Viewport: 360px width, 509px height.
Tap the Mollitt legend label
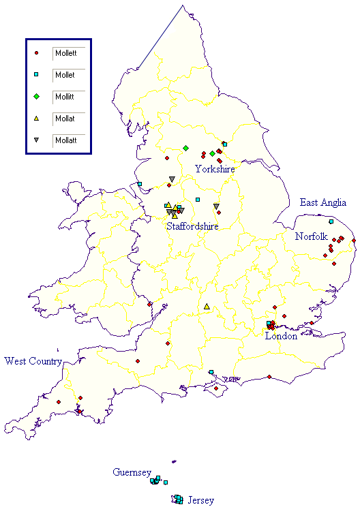(x=65, y=97)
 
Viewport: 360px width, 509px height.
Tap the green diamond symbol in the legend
(x=36, y=97)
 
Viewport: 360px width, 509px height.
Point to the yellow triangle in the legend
(x=36, y=119)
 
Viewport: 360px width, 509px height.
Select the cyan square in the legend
(x=36, y=74)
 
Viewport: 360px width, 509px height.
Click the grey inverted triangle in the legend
(x=36, y=140)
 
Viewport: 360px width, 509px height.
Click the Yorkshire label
(x=215, y=168)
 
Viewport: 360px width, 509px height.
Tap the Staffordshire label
(x=193, y=226)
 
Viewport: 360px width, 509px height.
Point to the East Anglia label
(x=323, y=202)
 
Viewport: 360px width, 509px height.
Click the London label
(x=281, y=336)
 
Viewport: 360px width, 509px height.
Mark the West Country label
(x=33, y=360)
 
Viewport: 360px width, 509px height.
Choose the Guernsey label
(x=132, y=472)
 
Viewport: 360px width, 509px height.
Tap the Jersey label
(x=201, y=500)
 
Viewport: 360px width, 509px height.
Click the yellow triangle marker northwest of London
(x=207, y=307)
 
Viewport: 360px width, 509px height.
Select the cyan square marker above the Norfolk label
(x=331, y=222)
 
